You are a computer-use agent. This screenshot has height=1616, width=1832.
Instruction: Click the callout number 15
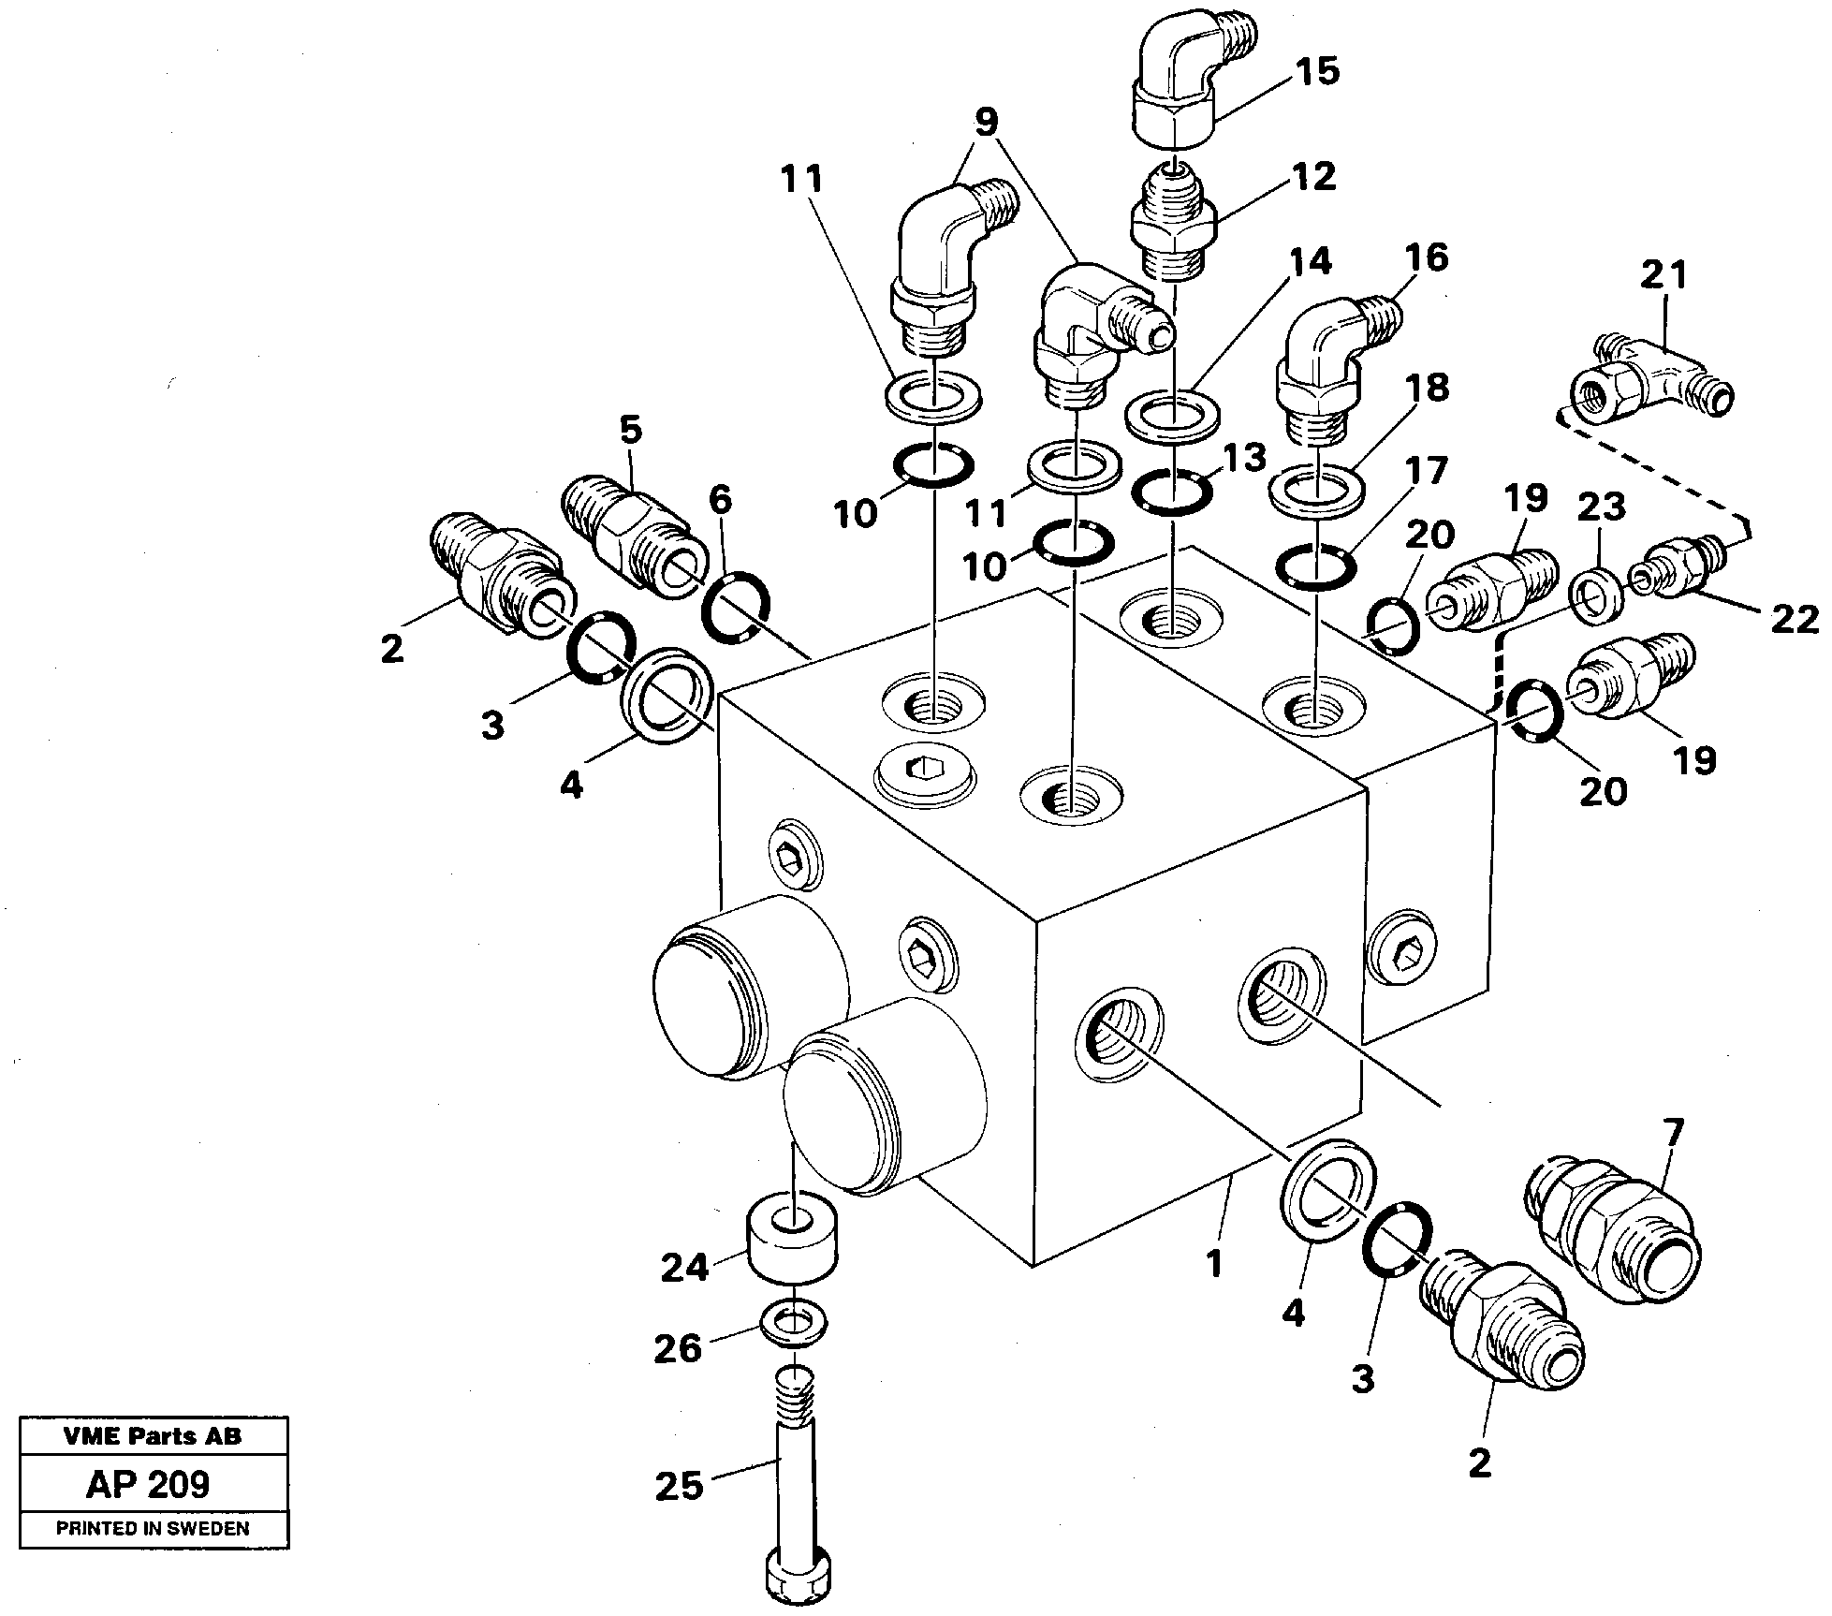coord(1319,72)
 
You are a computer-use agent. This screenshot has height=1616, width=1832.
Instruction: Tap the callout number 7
coord(1674,1133)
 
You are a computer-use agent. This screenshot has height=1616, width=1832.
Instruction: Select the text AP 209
coord(148,1484)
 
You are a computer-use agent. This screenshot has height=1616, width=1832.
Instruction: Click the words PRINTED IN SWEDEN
coord(153,1529)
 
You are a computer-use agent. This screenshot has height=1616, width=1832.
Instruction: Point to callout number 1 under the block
coord(1214,1265)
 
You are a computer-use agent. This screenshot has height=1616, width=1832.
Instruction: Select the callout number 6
coord(720,500)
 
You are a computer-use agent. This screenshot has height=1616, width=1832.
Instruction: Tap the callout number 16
coord(1426,257)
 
